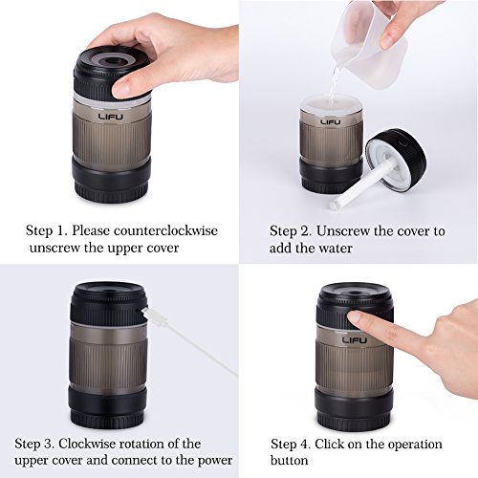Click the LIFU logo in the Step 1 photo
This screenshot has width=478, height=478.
coord(110,117)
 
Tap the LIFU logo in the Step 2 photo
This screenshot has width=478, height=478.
coord(331,121)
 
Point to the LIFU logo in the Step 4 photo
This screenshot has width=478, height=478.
coord(355,340)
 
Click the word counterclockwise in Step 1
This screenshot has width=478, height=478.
coord(165,230)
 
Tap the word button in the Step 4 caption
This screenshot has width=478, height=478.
coord(290,460)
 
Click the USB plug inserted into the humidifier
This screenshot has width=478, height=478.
coord(149,313)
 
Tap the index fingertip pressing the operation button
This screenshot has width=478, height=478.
coord(353,318)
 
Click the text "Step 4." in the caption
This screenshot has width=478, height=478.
coord(291,444)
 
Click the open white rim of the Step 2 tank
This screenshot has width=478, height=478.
coord(331,106)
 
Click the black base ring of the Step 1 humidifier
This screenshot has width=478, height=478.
coord(112,178)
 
